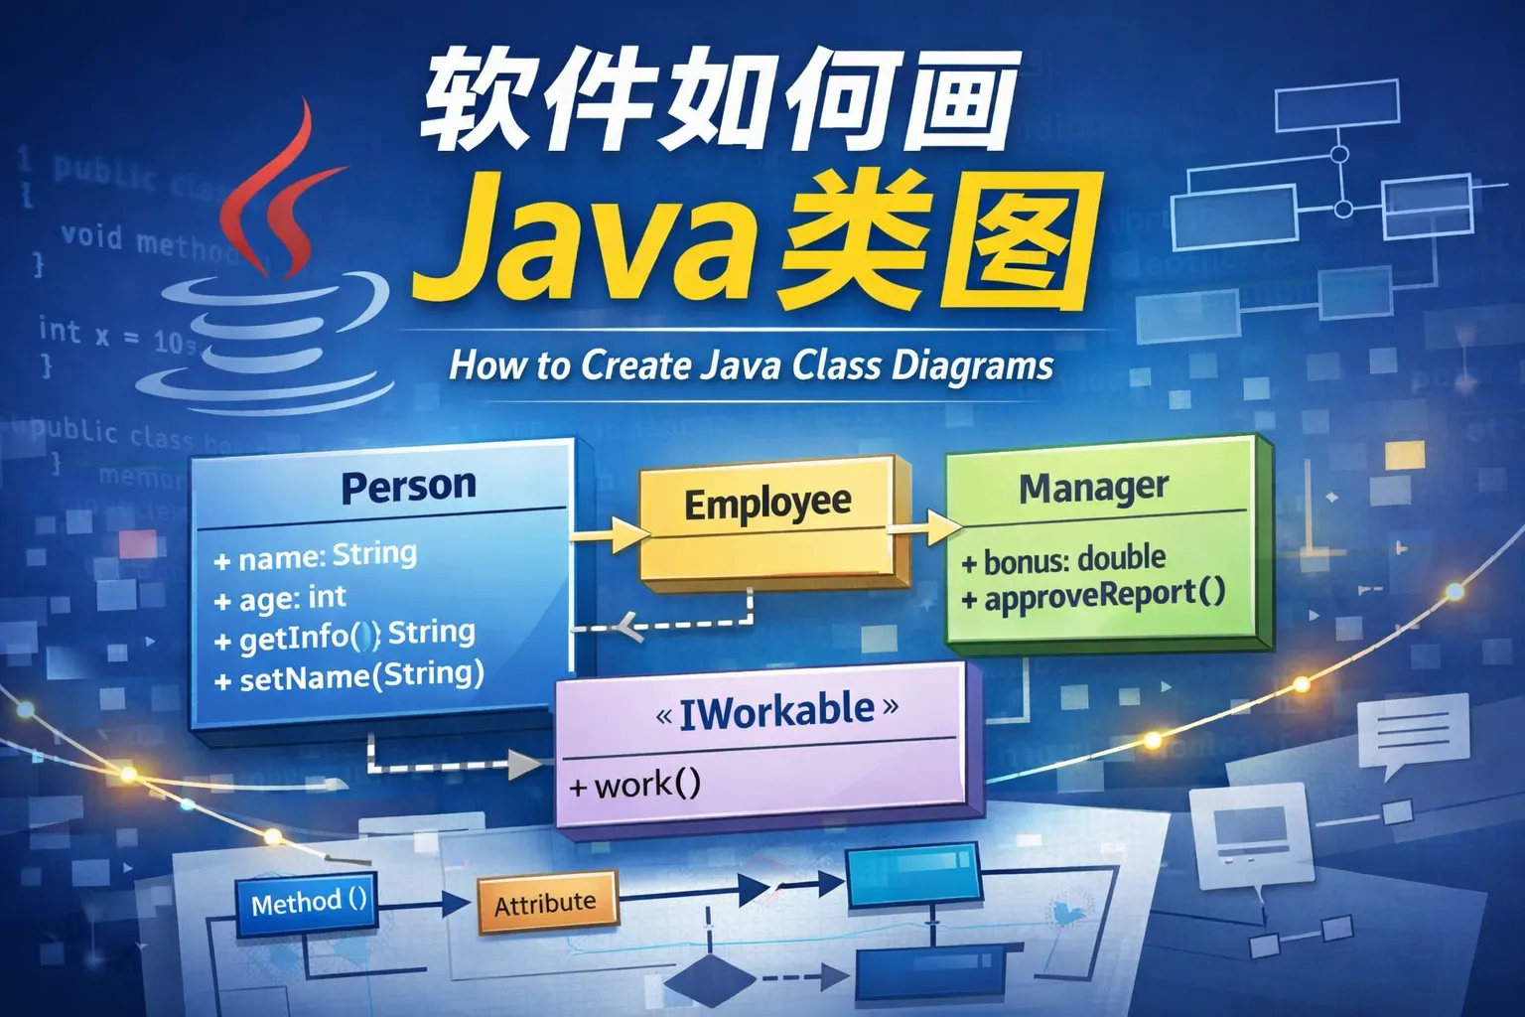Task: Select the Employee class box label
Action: click(x=766, y=504)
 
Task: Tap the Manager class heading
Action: click(x=1093, y=488)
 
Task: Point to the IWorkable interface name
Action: click(x=777, y=711)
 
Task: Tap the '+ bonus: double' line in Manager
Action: click(x=1063, y=560)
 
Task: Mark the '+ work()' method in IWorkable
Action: click(x=635, y=786)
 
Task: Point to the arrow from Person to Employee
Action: click(x=608, y=536)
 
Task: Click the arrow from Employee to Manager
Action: click(x=925, y=527)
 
